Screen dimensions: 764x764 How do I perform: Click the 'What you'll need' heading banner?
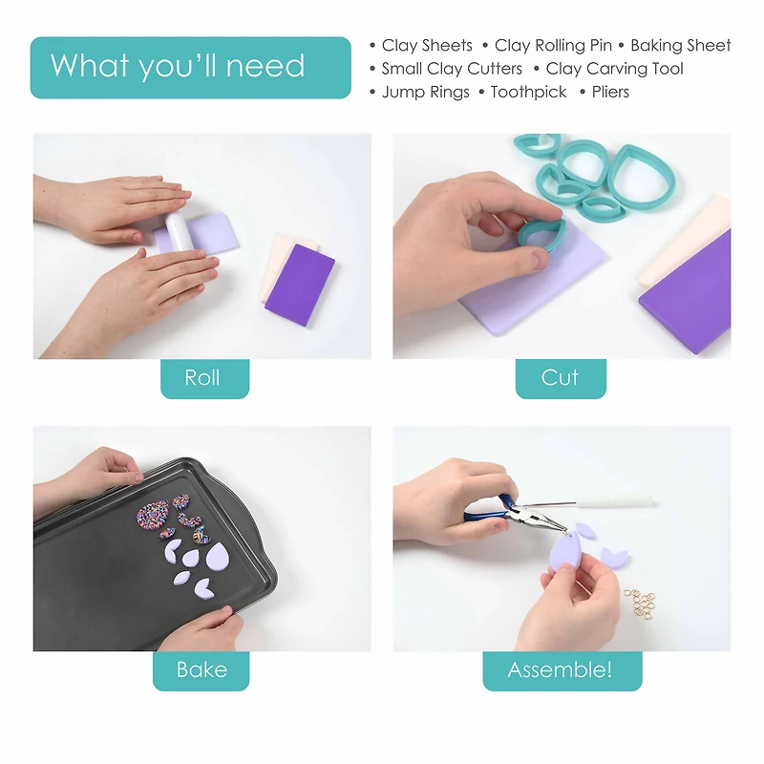[190, 67]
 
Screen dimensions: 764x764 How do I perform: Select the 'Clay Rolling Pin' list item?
[553, 45]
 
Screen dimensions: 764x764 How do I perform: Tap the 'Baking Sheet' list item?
[681, 45]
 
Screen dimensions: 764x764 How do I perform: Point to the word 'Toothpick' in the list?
[529, 92]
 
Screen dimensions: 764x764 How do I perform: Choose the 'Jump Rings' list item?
[425, 92]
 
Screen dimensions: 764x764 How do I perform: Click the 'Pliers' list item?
[610, 92]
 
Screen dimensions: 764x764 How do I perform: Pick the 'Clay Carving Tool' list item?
[614, 69]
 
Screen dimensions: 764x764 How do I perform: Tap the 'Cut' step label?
[561, 378]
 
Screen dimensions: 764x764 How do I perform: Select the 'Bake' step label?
[202, 670]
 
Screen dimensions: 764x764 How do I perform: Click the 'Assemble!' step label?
[562, 670]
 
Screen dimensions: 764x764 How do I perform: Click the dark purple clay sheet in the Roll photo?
[300, 285]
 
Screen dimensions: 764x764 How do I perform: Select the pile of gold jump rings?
[640, 604]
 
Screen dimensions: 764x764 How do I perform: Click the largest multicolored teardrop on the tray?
[153, 515]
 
